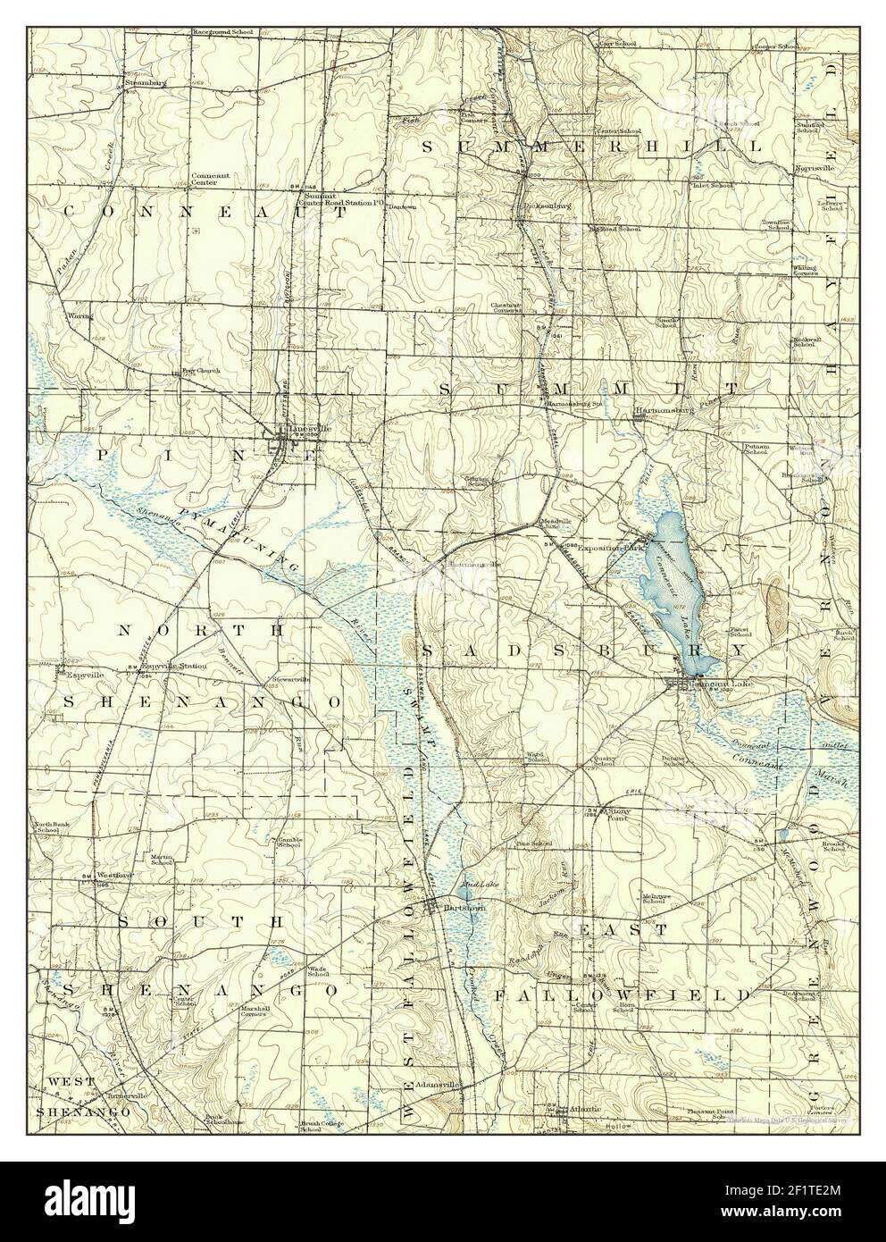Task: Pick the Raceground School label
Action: pyautogui.click(x=222, y=31)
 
